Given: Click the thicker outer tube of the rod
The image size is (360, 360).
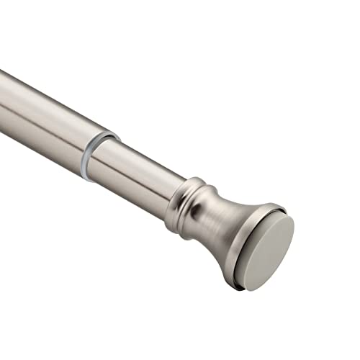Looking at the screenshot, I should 50,115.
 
